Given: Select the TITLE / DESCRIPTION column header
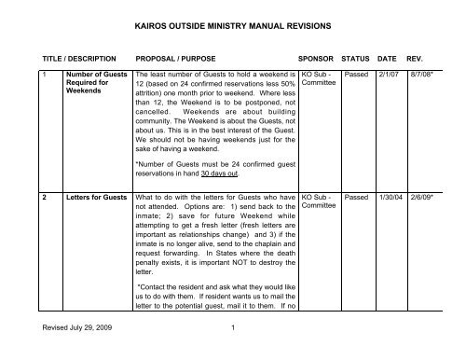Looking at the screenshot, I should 73,56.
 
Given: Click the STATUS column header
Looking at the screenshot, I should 362,56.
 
